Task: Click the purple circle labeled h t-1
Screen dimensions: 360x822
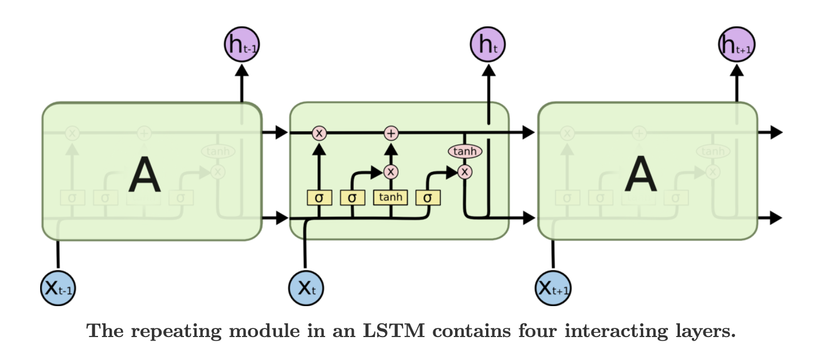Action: coord(241,44)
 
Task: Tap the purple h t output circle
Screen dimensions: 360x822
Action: coord(488,44)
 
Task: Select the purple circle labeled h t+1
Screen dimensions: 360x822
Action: coord(737,44)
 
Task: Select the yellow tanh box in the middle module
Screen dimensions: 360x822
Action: coord(390,197)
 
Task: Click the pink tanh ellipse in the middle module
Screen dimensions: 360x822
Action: coord(464,151)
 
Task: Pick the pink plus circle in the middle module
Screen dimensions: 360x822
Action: coord(391,133)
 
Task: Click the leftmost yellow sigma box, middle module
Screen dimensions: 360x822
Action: coord(319,197)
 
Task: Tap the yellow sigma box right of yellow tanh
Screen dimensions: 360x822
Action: coord(428,197)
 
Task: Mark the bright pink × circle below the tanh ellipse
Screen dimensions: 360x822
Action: coord(465,171)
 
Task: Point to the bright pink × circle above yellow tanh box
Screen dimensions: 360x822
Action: coord(391,171)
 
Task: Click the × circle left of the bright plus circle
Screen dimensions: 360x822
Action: coord(319,133)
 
